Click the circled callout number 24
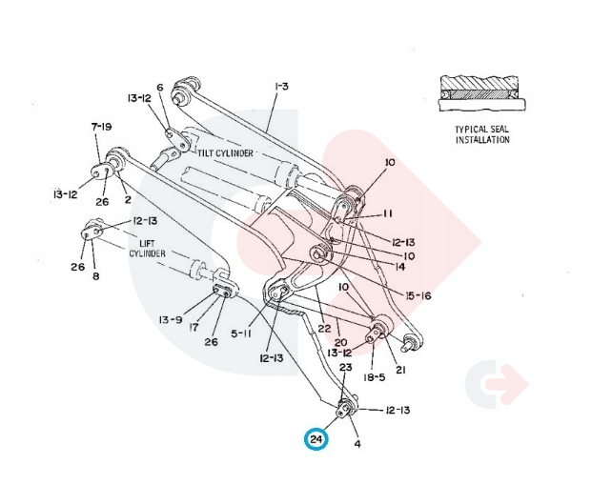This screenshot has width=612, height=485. click(316, 439)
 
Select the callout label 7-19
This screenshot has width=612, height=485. click(102, 127)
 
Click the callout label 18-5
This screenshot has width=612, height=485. click(375, 376)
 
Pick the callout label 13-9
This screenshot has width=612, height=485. click(171, 319)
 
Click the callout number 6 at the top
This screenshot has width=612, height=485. click(160, 88)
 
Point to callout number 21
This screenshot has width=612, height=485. click(401, 370)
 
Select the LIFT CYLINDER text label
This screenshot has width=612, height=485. click(148, 248)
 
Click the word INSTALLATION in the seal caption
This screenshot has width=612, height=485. click(481, 140)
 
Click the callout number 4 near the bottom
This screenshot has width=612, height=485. click(357, 443)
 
